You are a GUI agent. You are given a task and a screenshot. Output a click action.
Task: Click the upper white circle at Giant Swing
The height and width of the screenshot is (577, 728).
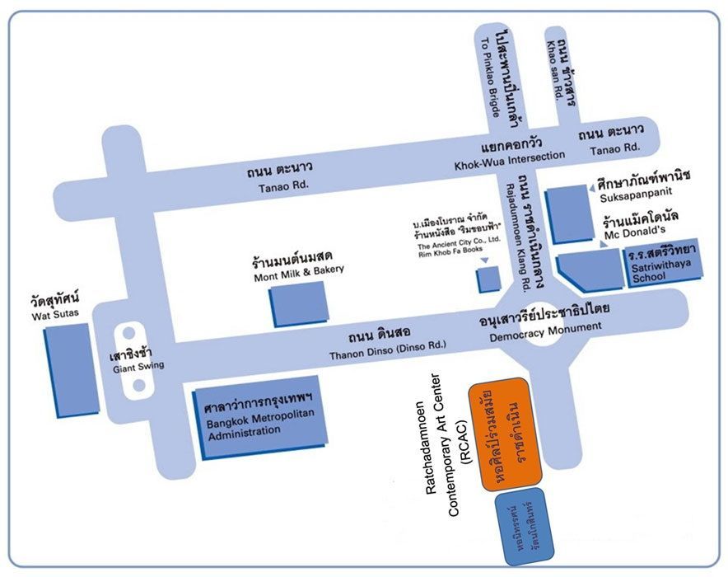[128, 335]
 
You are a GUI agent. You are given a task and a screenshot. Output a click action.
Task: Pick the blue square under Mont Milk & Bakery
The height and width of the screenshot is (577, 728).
[298, 303]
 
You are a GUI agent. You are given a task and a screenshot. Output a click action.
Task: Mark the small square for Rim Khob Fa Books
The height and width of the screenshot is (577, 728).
[488, 279]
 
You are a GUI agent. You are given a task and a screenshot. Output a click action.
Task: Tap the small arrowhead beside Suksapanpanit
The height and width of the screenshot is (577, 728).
[591, 189]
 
